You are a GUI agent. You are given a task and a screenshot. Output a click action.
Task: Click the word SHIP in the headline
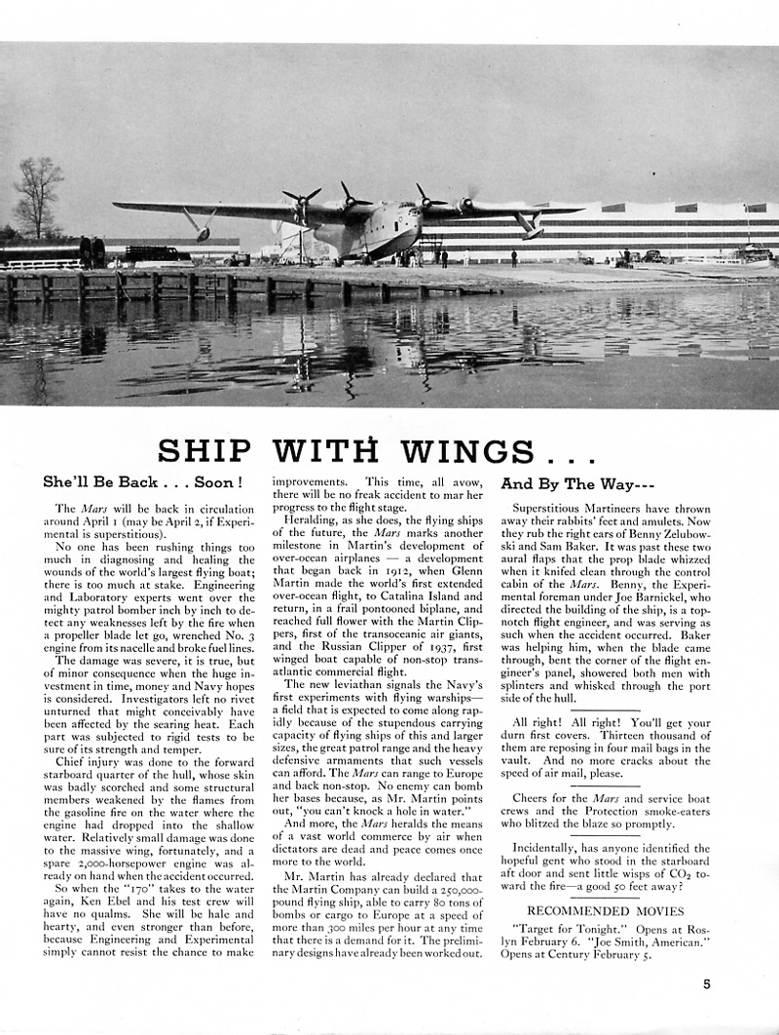204,451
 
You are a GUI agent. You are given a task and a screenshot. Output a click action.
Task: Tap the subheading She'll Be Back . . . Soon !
142,482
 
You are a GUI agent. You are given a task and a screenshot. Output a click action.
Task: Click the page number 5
707,984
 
